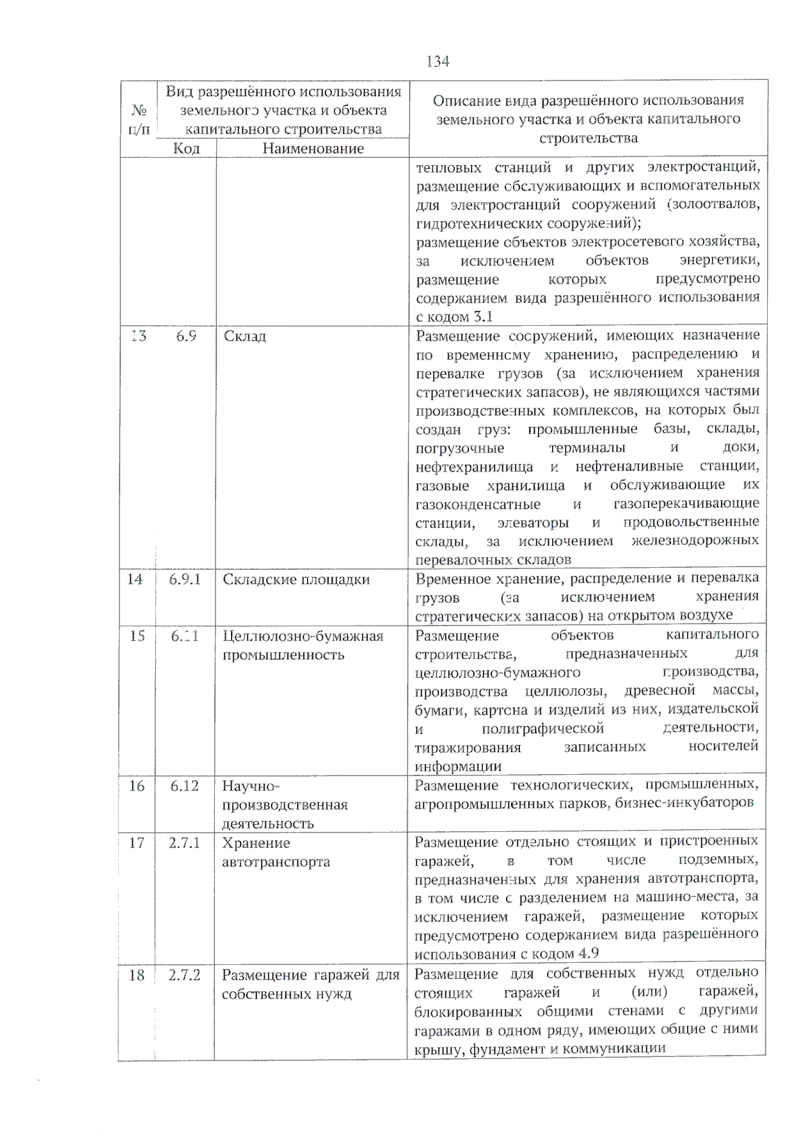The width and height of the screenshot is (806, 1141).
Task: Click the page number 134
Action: [437, 61]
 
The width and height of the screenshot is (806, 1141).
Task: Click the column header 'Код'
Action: [186, 149]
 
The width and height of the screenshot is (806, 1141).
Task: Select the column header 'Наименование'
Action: [313, 149]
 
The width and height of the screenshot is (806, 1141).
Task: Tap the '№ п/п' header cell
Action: [138, 119]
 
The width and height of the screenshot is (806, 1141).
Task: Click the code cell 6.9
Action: [186, 335]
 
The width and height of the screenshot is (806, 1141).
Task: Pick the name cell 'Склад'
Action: [244, 336]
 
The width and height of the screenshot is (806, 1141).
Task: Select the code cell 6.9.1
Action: [185, 579]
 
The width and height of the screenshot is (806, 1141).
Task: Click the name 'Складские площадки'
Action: [296, 580]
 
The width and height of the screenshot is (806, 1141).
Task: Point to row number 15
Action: [137, 636]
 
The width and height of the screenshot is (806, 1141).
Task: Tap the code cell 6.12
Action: [185, 786]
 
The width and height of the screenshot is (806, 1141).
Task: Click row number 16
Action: [136, 786]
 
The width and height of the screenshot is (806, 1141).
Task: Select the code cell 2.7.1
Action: [184, 843]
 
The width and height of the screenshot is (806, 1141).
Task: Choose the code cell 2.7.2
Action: [184, 974]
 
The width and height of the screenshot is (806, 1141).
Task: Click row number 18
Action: [136, 975]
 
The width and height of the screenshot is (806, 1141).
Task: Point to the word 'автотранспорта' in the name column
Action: [276, 862]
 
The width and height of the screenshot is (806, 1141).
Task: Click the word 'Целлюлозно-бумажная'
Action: [303, 636]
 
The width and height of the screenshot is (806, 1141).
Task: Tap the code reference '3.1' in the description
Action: [482, 316]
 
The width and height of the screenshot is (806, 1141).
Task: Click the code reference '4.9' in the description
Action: [588, 954]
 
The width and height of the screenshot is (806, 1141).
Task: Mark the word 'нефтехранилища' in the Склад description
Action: [474, 467]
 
